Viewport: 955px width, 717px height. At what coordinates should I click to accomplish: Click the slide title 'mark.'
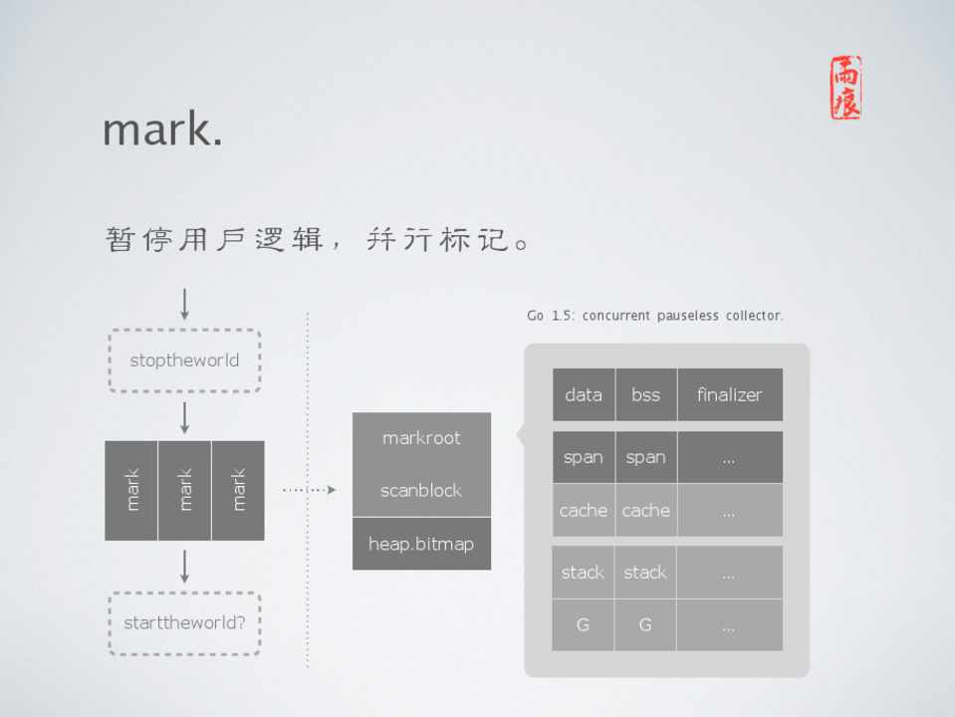point(162,129)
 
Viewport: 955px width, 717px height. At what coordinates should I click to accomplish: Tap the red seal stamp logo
point(846,88)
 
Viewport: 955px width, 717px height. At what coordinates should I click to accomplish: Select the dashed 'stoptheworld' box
point(184,360)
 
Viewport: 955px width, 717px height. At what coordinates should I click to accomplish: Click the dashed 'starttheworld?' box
point(184,623)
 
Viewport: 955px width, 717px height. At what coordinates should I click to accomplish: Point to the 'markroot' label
point(421,438)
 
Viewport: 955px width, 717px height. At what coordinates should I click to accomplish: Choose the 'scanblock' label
point(421,490)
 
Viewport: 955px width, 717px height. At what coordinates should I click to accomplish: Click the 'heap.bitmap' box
point(421,544)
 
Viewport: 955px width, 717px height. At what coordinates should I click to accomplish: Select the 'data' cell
point(584,394)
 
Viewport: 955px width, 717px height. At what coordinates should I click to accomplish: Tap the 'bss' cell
point(646,394)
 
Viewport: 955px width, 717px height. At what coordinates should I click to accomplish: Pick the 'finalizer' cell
point(730,394)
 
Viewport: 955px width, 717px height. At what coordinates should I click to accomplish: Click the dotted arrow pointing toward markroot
point(310,490)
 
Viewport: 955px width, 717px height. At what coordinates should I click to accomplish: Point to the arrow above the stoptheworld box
point(184,304)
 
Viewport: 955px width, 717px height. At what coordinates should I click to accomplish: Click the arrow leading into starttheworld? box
point(184,567)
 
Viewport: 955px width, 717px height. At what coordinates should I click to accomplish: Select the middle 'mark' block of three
point(184,490)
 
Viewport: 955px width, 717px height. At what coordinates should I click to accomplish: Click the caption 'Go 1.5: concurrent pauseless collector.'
point(654,316)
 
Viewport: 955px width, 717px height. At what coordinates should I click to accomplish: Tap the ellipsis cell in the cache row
point(730,510)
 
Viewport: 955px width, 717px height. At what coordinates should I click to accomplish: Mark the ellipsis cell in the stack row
point(730,572)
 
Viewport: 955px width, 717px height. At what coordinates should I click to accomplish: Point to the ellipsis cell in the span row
point(730,457)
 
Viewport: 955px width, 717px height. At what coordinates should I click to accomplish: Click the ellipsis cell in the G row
point(730,625)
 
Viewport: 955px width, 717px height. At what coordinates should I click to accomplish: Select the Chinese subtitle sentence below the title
point(318,239)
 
